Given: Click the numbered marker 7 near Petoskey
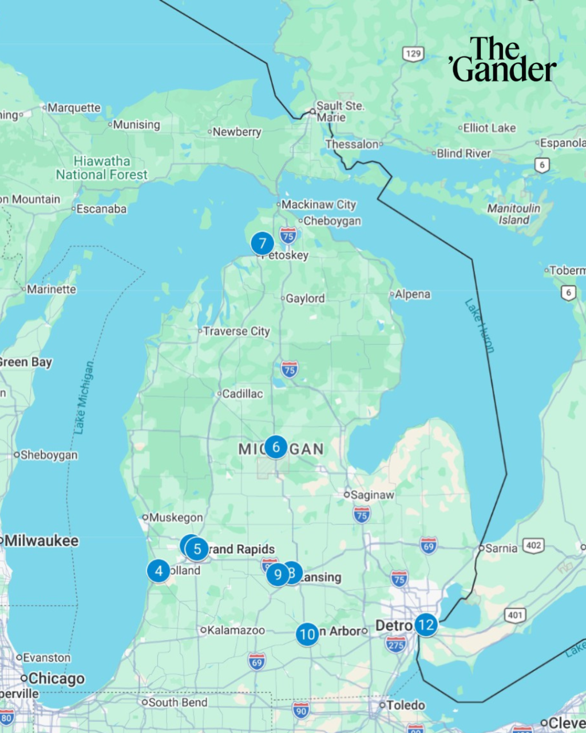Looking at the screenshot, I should point(262,244).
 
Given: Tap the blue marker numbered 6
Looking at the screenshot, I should point(276,447).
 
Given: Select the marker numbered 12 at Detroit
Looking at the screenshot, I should point(426,625).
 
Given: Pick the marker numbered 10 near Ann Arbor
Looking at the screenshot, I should point(307,634).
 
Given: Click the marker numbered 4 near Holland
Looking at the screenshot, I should point(159,571).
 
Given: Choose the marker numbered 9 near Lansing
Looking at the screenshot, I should point(278,574).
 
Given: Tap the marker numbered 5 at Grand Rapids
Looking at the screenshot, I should point(197,549).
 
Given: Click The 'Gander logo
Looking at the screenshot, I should point(502,60).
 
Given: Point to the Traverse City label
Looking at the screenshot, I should point(236,331).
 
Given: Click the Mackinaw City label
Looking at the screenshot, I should point(318,204).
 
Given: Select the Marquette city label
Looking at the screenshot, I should point(73,108).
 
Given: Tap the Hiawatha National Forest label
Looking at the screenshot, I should point(102,168).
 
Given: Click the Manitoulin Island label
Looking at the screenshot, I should point(513,214).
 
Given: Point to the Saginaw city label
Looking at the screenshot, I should point(372,495).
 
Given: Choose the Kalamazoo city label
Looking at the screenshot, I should point(235,630).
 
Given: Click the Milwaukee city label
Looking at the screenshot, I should point(41,541).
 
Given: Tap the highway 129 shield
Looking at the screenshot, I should point(413,54).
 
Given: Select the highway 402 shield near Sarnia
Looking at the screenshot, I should point(533,545).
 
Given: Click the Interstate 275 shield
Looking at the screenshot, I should point(395,644).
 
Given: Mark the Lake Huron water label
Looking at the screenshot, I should point(479,325).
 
